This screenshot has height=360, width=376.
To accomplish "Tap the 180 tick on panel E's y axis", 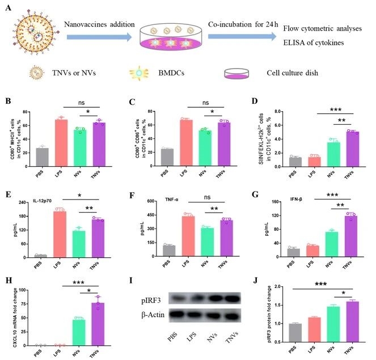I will (x=25, y=216).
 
